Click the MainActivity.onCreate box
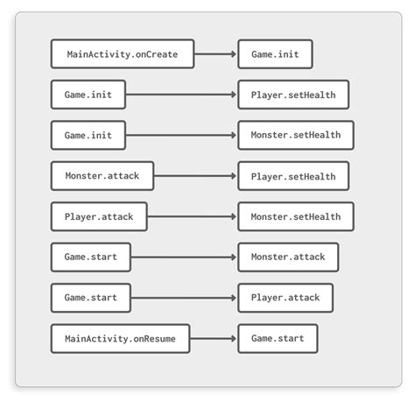click(x=122, y=54)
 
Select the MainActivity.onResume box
click(x=120, y=338)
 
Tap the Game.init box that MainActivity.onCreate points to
click(x=274, y=54)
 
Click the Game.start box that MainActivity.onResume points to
click(x=278, y=338)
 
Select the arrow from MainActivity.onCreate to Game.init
click(x=215, y=54)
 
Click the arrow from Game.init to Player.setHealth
click(x=181, y=95)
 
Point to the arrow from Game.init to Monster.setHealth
click(x=181, y=135)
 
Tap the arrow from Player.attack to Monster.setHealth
click(x=192, y=216)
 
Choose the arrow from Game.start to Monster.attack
click(x=184, y=257)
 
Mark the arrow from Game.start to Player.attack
click(x=184, y=298)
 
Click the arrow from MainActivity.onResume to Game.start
click(x=214, y=338)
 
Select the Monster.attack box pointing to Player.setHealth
click(x=102, y=176)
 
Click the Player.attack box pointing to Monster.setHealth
click(x=98, y=216)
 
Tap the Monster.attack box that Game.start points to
click(x=287, y=257)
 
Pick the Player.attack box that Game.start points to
click(x=285, y=298)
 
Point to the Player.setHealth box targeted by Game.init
click(x=292, y=95)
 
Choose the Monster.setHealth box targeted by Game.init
click(x=295, y=135)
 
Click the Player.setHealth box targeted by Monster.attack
click(x=292, y=176)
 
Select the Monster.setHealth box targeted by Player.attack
click(x=295, y=216)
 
